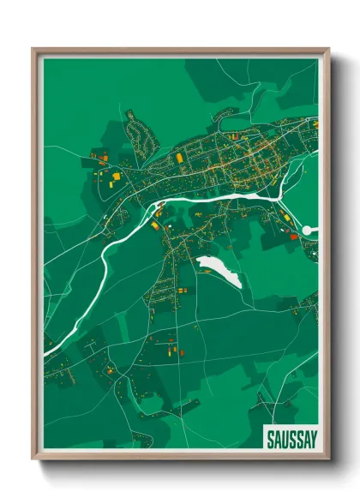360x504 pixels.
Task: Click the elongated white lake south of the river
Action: (220, 272)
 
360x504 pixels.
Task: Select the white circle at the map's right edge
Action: (309, 230)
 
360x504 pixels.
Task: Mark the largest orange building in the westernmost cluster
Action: (115, 176)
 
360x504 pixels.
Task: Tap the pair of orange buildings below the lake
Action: (183, 291)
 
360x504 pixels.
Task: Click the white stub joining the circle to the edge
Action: (315, 230)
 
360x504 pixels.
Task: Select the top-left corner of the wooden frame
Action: (33, 49)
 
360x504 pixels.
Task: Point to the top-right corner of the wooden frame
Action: (328, 49)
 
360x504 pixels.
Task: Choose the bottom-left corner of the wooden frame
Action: (33, 459)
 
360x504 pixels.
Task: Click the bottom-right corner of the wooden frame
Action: (328, 459)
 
